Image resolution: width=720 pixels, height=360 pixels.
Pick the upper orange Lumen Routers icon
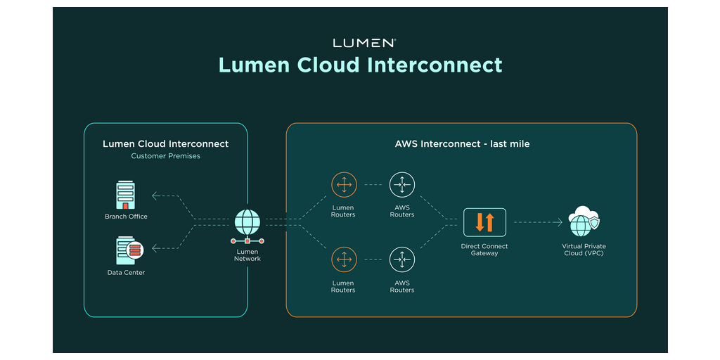[x=344, y=185]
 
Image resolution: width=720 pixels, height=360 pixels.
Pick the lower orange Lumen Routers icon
[x=344, y=259]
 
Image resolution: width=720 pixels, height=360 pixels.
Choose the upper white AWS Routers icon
[x=402, y=185]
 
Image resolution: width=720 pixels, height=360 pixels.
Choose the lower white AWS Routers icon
[x=402, y=259]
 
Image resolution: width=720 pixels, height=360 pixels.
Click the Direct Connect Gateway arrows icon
[x=484, y=222]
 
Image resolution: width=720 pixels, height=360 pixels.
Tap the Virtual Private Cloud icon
[x=584, y=221]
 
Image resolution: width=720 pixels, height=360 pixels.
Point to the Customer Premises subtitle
[x=166, y=156]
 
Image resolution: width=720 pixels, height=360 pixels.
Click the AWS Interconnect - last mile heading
[x=462, y=144]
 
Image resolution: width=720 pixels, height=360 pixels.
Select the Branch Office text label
[x=127, y=217]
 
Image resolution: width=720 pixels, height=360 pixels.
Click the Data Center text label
[x=127, y=272]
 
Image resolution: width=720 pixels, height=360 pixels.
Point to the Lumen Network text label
[x=247, y=255]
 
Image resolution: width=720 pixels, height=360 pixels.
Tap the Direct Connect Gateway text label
[x=484, y=250]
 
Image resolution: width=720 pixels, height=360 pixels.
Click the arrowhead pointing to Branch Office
[x=155, y=196]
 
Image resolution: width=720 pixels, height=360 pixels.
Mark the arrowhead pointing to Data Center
[x=155, y=247]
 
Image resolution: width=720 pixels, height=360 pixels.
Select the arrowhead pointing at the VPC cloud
[x=560, y=222]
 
